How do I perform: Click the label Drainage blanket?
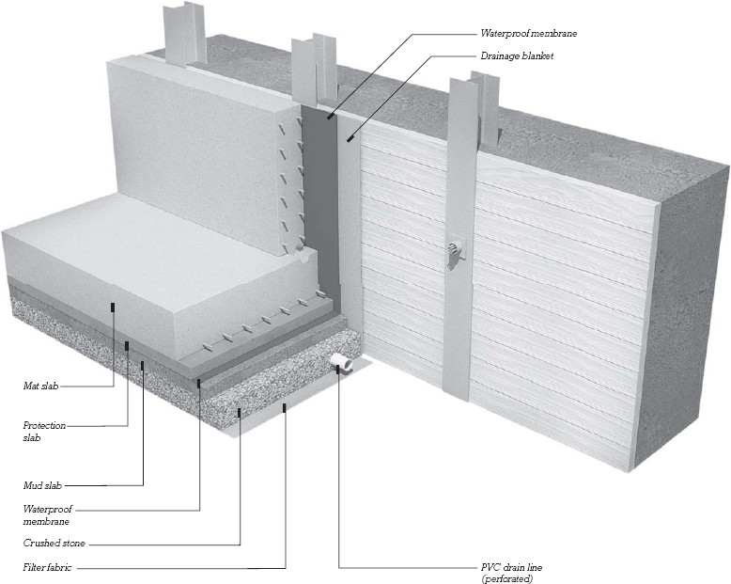coord(516,56)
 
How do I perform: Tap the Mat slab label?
coord(40,386)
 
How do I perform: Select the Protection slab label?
coord(44,431)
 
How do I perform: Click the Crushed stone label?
coord(54,544)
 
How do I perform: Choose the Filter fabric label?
coord(48,568)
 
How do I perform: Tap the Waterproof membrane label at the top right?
coord(528,34)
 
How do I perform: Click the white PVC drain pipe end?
coord(338,362)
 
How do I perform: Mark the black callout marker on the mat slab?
coord(114,307)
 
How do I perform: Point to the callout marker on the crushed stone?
coord(240,410)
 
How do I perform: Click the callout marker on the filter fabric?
coord(285,406)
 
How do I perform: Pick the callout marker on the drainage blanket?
coord(350,138)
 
